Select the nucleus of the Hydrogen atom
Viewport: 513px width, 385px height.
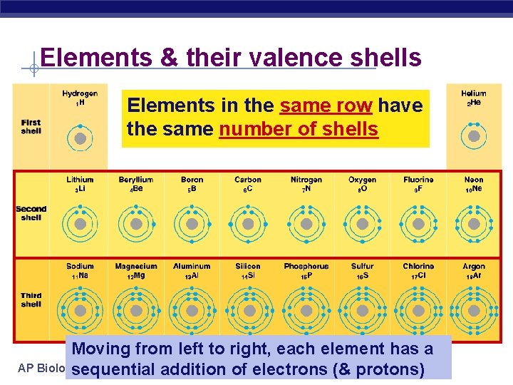tap(81, 138)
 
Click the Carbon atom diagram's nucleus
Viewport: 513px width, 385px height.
tap(248, 224)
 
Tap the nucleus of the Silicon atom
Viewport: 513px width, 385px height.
tap(248, 311)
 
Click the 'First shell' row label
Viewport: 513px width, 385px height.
tap(31, 126)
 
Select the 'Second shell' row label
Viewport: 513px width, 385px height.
tap(31, 213)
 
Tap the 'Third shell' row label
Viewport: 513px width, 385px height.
tap(31, 299)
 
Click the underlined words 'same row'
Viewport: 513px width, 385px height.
tap(326, 106)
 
